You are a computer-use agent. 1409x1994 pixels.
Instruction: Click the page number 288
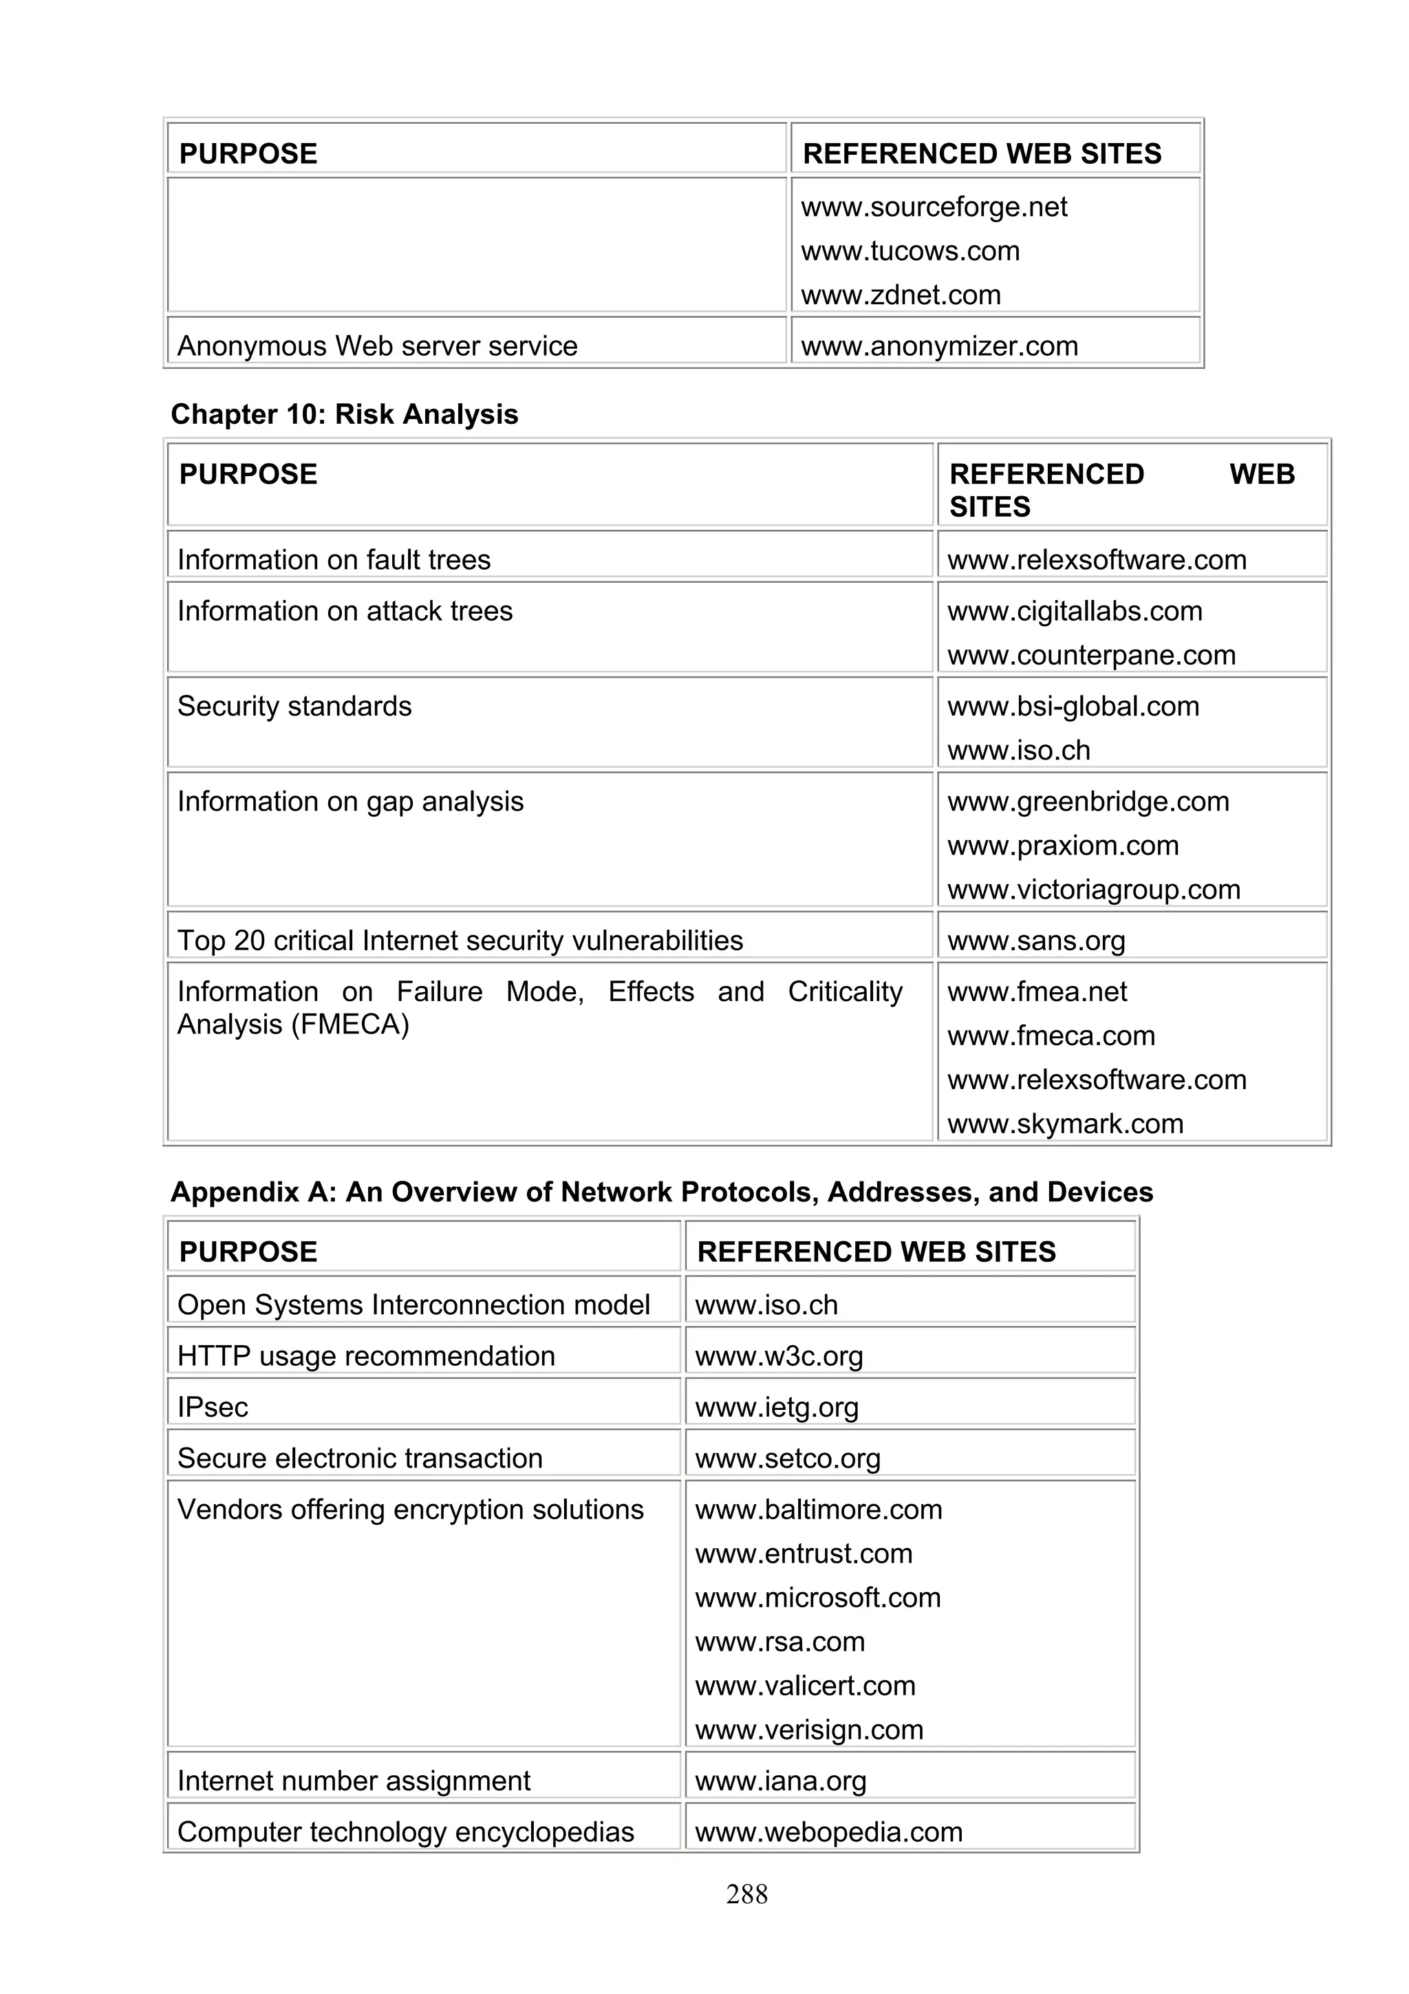pos(746,1894)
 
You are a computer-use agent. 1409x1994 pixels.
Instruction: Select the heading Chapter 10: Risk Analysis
pos(344,414)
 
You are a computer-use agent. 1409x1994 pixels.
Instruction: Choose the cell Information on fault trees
pos(334,559)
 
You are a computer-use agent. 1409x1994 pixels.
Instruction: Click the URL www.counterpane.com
pos(1090,655)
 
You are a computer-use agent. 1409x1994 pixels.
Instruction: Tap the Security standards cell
pos(294,706)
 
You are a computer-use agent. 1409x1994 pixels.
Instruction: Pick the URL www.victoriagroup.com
pos(1093,889)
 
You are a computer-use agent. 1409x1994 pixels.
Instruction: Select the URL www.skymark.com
pos(1064,1124)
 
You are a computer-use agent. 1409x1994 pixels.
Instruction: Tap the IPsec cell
pos(213,1407)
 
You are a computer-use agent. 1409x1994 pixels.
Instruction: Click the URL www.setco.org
pos(788,1458)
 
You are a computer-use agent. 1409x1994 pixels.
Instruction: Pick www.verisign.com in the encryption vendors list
pos(808,1730)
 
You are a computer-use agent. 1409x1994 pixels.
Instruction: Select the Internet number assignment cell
pos(354,1781)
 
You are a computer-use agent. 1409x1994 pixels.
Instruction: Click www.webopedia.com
pos(828,1832)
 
